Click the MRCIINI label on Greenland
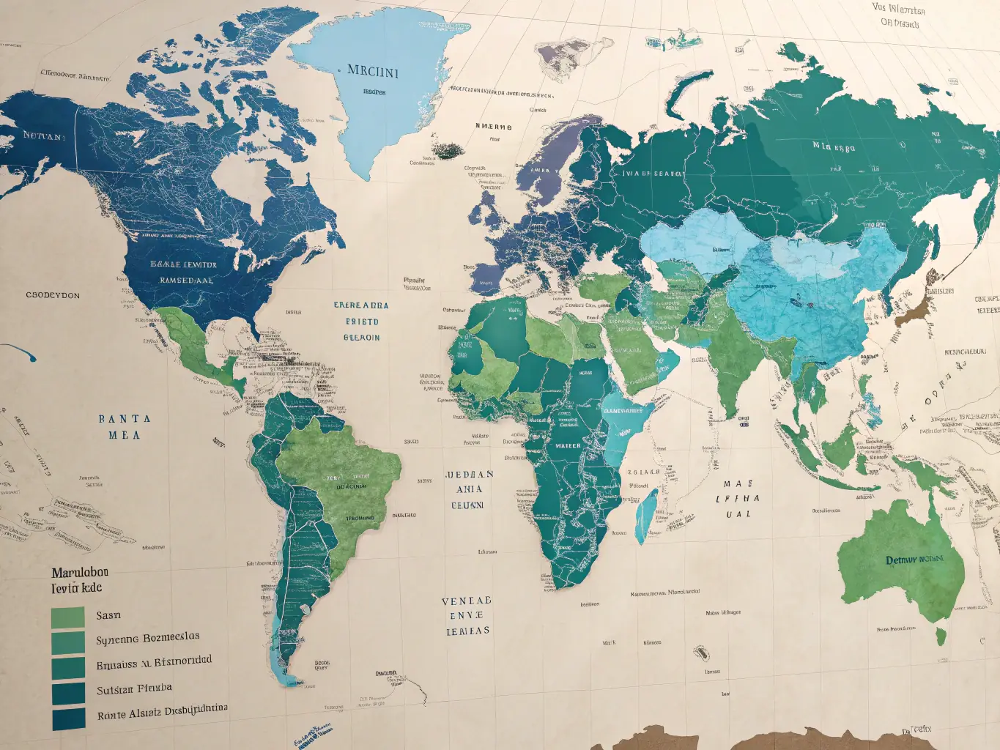point(372,72)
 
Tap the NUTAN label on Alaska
point(43,135)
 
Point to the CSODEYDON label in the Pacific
point(53,295)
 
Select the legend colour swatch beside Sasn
point(68,617)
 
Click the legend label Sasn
point(108,616)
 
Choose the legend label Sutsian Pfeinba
point(134,689)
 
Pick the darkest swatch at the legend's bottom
point(68,719)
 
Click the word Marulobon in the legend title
point(80,572)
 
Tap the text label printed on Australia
point(914,560)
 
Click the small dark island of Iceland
point(446,150)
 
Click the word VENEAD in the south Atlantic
point(466,601)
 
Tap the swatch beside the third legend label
point(68,668)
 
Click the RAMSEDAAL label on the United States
point(186,280)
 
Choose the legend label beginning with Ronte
point(162,711)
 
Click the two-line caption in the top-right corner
point(899,16)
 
